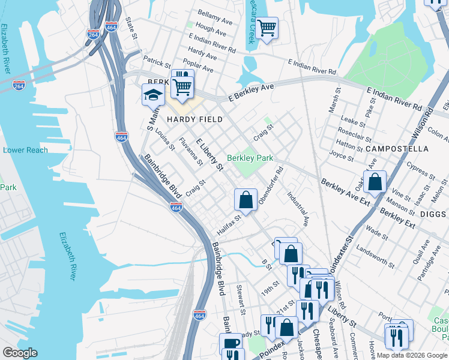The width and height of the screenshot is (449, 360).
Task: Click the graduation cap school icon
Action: tap(153, 94)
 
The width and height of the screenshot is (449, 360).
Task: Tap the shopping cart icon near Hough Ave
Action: tap(267, 28)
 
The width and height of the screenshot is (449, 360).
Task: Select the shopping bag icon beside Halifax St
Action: tap(246, 200)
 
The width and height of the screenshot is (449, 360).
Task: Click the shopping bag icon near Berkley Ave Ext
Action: tap(375, 182)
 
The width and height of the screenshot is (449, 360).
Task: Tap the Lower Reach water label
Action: tap(25, 150)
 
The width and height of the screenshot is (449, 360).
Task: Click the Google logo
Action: tap(20, 353)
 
